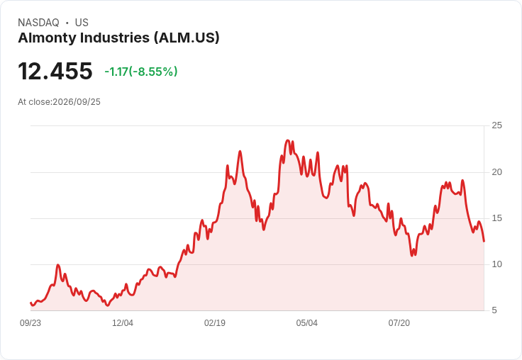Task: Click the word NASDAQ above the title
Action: point(38,23)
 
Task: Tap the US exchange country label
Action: point(82,23)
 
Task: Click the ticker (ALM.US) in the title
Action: point(187,38)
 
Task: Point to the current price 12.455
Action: point(55,71)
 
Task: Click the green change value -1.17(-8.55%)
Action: point(141,72)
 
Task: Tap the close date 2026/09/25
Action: point(77,102)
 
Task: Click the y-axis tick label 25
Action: point(496,125)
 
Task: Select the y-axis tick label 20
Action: point(496,172)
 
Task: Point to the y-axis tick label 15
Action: point(496,218)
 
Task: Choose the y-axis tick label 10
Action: point(496,264)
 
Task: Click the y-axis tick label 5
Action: point(494,310)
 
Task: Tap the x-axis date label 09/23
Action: point(30,323)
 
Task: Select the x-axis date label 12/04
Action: point(123,323)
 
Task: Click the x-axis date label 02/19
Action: point(215,323)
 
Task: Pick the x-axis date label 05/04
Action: point(307,323)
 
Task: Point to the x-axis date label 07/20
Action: point(399,323)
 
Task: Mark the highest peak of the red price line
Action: point(288,140)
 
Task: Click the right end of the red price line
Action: point(484,241)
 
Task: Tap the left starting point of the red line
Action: point(30,303)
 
